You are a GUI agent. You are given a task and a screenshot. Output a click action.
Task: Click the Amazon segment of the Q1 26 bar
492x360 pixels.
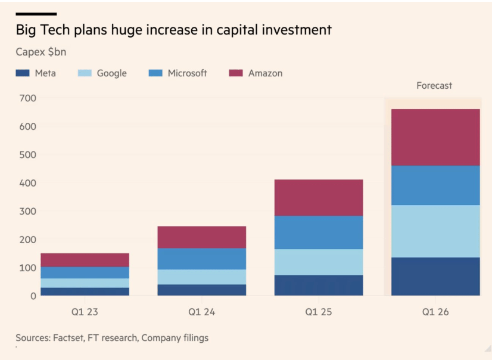(x=435, y=137)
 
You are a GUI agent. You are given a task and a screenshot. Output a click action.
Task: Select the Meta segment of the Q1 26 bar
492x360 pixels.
(x=435, y=276)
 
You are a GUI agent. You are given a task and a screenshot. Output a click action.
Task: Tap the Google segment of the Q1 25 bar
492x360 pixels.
(x=319, y=262)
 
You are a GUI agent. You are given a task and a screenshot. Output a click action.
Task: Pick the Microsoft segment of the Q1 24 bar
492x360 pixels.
(x=202, y=259)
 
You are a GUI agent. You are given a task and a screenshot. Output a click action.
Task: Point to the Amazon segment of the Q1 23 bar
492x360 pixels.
(x=85, y=260)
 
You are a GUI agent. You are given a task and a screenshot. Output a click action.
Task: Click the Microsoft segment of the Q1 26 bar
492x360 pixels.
(x=435, y=185)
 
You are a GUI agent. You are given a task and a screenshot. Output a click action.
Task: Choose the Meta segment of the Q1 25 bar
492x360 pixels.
(x=319, y=285)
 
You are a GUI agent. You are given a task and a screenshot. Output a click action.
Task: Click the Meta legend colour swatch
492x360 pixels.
(x=23, y=73)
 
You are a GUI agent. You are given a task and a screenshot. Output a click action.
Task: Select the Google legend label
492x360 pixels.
(x=112, y=73)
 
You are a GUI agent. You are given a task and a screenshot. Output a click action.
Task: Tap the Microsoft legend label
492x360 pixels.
(x=187, y=73)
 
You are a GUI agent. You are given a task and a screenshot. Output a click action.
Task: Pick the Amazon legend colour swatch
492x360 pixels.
(x=236, y=73)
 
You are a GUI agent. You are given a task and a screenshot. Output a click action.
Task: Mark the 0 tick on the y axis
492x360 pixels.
(x=33, y=296)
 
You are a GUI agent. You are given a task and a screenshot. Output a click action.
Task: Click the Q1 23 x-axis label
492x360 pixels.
(x=85, y=311)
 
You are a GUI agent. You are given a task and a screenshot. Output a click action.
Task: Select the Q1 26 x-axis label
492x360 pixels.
(x=435, y=311)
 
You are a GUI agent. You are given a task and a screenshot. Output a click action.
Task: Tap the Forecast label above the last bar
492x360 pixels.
(x=434, y=85)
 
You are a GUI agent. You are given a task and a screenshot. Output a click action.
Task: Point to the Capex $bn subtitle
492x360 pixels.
(x=41, y=52)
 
